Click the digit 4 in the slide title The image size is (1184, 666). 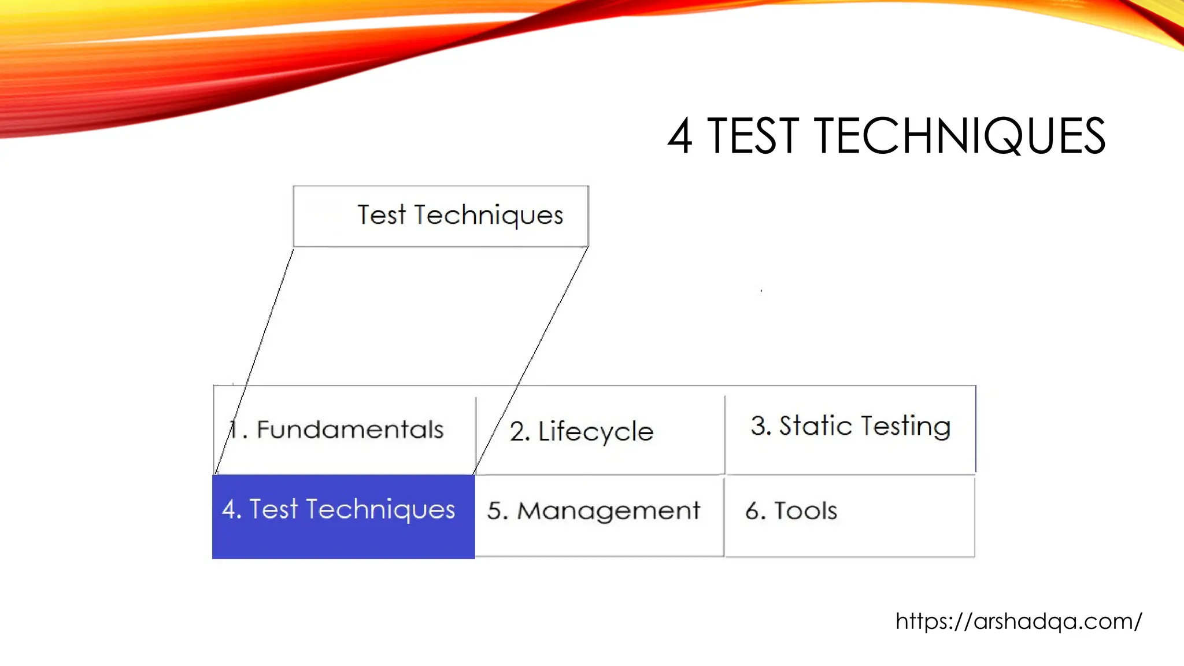[x=680, y=136]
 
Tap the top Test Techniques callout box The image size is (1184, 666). [x=441, y=216]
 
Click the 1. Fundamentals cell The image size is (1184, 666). [x=345, y=430]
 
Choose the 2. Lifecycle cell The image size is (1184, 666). [x=600, y=431]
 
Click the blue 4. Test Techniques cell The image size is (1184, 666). [x=343, y=516]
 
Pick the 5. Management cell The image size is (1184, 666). [x=599, y=515]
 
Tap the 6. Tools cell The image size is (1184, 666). [x=850, y=515]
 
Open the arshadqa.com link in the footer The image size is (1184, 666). [x=1019, y=621]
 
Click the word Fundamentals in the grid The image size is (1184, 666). [x=350, y=430]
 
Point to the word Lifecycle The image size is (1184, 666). [x=595, y=432]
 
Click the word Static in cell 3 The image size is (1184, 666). [x=815, y=426]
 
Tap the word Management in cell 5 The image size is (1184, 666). [x=608, y=511]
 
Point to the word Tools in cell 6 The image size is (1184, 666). [x=805, y=511]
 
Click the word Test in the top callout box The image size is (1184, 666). [x=382, y=215]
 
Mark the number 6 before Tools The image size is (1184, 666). [x=752, y=511]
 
